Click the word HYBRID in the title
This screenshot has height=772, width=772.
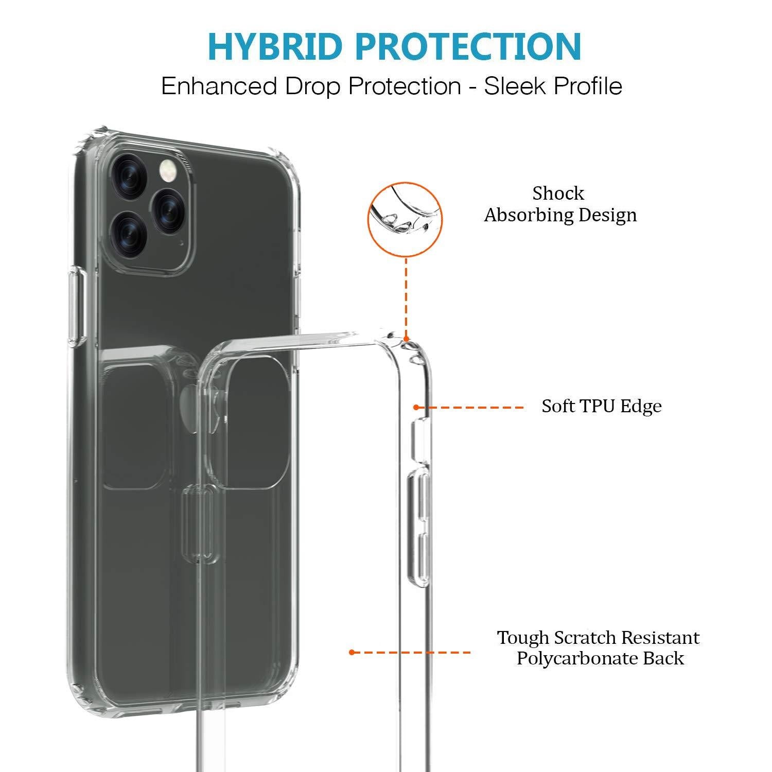(x=275, y=46)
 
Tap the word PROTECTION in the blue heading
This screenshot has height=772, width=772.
(x=469, y=46)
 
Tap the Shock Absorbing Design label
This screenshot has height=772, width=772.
(x=560, y=204)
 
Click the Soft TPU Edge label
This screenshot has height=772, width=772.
(x=601, y=406)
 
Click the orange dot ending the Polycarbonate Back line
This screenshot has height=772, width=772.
(x=352, y=653)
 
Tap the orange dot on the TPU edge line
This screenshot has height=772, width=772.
(x=416, y=408)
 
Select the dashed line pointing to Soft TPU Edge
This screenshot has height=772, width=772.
(x=470, y=408)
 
